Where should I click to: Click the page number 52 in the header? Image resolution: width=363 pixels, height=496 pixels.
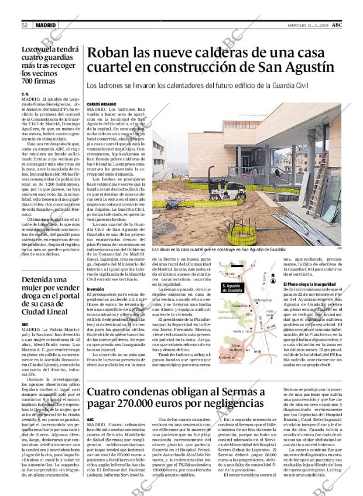pyautogui.click(x=25, y=25)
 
